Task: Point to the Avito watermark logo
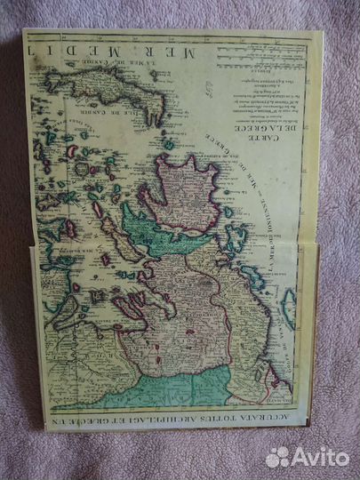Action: click(307, 457)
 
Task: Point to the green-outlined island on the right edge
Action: click(289, 307)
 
